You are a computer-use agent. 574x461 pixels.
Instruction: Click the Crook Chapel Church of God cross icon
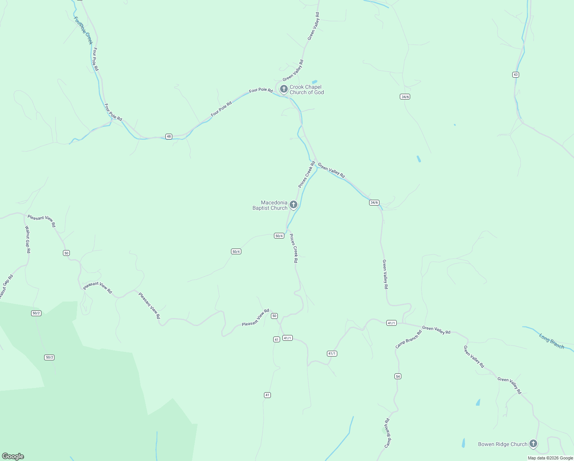[284, 89]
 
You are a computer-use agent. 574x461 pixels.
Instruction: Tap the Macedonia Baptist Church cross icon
[294, 204]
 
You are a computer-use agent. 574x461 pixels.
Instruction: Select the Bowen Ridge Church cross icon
[533, 444]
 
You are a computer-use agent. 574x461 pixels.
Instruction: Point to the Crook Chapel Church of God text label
[306, 90]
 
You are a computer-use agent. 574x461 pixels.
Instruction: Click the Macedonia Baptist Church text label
[270, 205]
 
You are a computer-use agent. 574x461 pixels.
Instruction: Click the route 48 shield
[169, 136]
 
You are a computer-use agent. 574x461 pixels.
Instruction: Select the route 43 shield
[515, 75]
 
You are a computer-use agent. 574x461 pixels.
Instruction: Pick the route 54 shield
[398, 376]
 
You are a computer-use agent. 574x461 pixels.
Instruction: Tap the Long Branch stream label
[551, 341]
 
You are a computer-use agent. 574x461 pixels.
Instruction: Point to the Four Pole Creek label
[83, 30]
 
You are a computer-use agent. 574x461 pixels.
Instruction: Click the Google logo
[13, 456]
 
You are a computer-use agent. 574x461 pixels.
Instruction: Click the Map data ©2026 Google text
[550, 458]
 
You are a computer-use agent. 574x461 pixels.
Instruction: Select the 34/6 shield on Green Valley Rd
[374, 202]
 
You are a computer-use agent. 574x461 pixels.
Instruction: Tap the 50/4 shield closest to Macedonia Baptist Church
[279, 235]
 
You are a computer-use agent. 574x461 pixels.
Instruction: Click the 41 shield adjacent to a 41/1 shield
[277, 339]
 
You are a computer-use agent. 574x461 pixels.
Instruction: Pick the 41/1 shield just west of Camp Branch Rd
[391, 323]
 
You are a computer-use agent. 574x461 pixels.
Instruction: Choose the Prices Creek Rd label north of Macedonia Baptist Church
[307, 174]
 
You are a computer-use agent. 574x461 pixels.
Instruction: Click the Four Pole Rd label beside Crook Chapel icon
[261, 90]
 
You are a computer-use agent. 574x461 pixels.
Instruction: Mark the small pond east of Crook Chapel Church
[315, 82]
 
